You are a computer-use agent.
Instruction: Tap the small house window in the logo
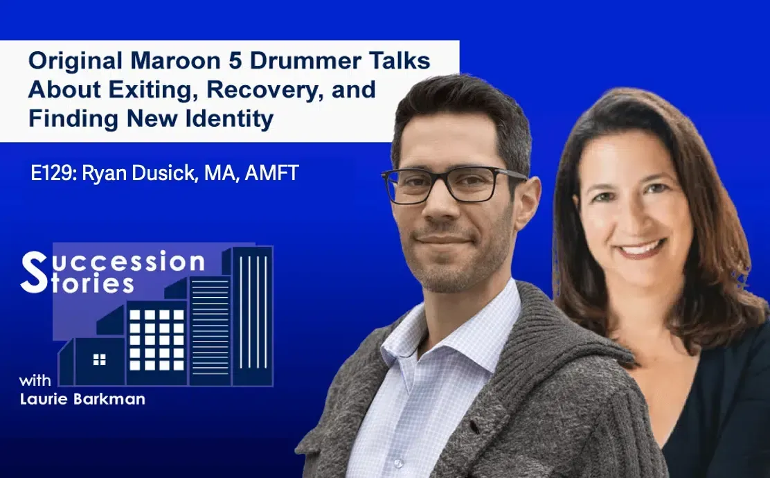coord(100,359)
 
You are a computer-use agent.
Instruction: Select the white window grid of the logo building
coord(156,339)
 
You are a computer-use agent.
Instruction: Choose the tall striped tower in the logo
coord(252,315)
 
